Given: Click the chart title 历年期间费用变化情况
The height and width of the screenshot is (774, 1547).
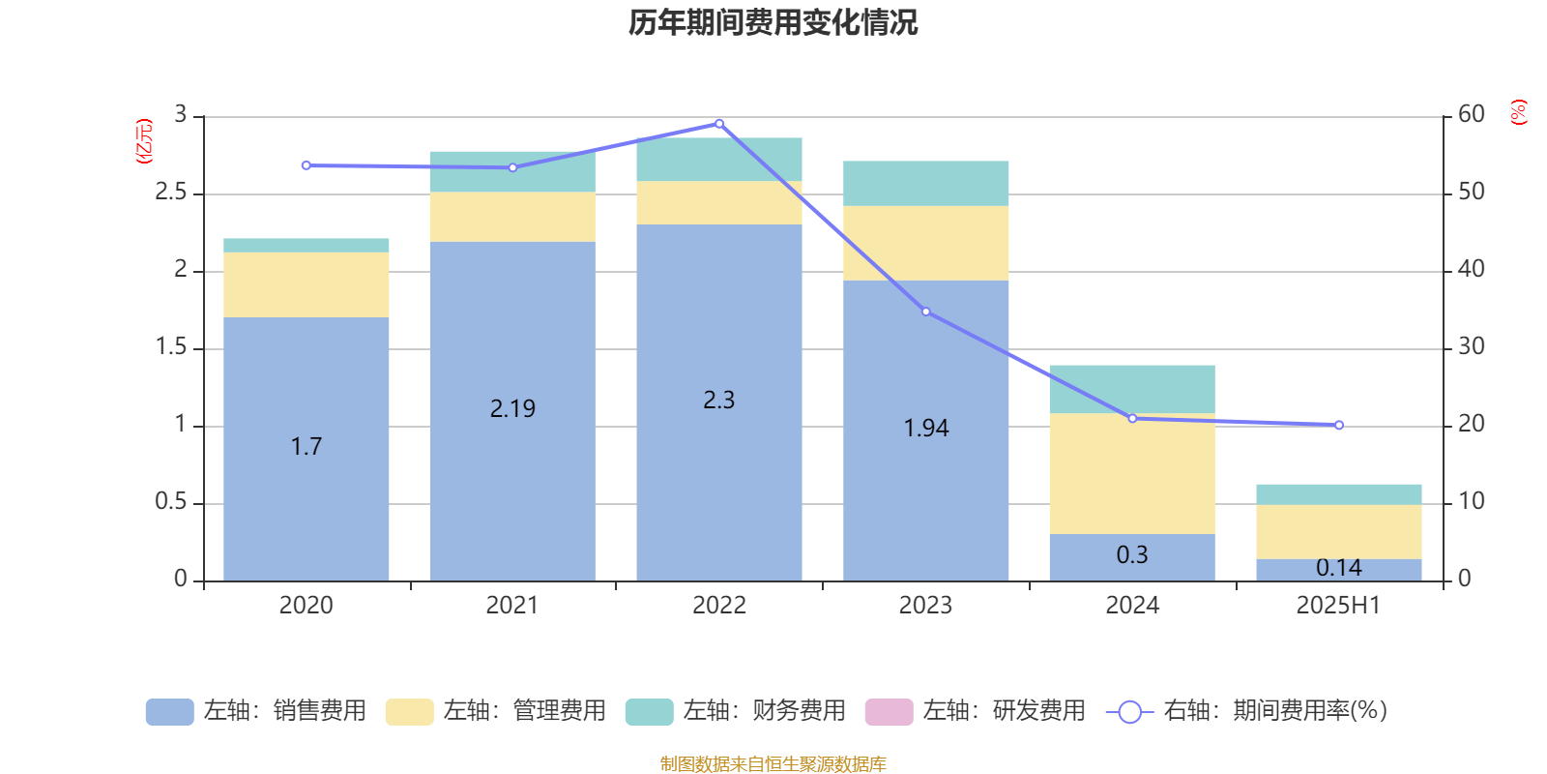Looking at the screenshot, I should click(773, 22).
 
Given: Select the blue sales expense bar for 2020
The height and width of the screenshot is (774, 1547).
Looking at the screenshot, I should click(306, 484).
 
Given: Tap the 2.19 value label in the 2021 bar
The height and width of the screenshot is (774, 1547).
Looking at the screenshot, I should click(512, 408).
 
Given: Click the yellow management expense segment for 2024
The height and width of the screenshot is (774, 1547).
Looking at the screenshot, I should click(1132, 474).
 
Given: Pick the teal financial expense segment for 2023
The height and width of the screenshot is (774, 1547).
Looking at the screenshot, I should click(925, 183).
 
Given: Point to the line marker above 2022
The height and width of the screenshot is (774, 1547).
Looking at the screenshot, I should click(718, 124).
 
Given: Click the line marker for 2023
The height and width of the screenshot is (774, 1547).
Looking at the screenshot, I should click(925, 312).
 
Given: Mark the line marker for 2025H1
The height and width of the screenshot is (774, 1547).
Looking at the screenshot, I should click(1339, 425).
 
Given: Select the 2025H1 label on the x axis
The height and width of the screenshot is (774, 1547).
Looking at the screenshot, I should click(1338, 606).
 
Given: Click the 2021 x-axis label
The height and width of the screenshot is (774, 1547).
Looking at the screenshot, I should click(511, 606).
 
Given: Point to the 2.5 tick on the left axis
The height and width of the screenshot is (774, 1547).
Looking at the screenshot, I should click(171, 193).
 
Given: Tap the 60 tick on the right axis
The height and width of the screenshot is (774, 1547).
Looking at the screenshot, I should click(1471, 114).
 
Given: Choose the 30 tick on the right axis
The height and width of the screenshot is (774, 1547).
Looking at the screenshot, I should click(1471, 346).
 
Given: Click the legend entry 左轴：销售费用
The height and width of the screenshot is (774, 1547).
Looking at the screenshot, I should click(256, 711).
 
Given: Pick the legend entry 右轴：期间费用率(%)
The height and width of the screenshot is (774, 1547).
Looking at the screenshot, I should click(1247, 711).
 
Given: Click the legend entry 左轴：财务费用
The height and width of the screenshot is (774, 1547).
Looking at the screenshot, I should click(736, 711).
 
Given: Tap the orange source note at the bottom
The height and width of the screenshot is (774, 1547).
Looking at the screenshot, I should click(773, 764).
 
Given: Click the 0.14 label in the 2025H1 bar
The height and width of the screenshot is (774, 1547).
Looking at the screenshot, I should click(1338, 568).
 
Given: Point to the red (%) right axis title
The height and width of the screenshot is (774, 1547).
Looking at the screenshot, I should click(1518, 112).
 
